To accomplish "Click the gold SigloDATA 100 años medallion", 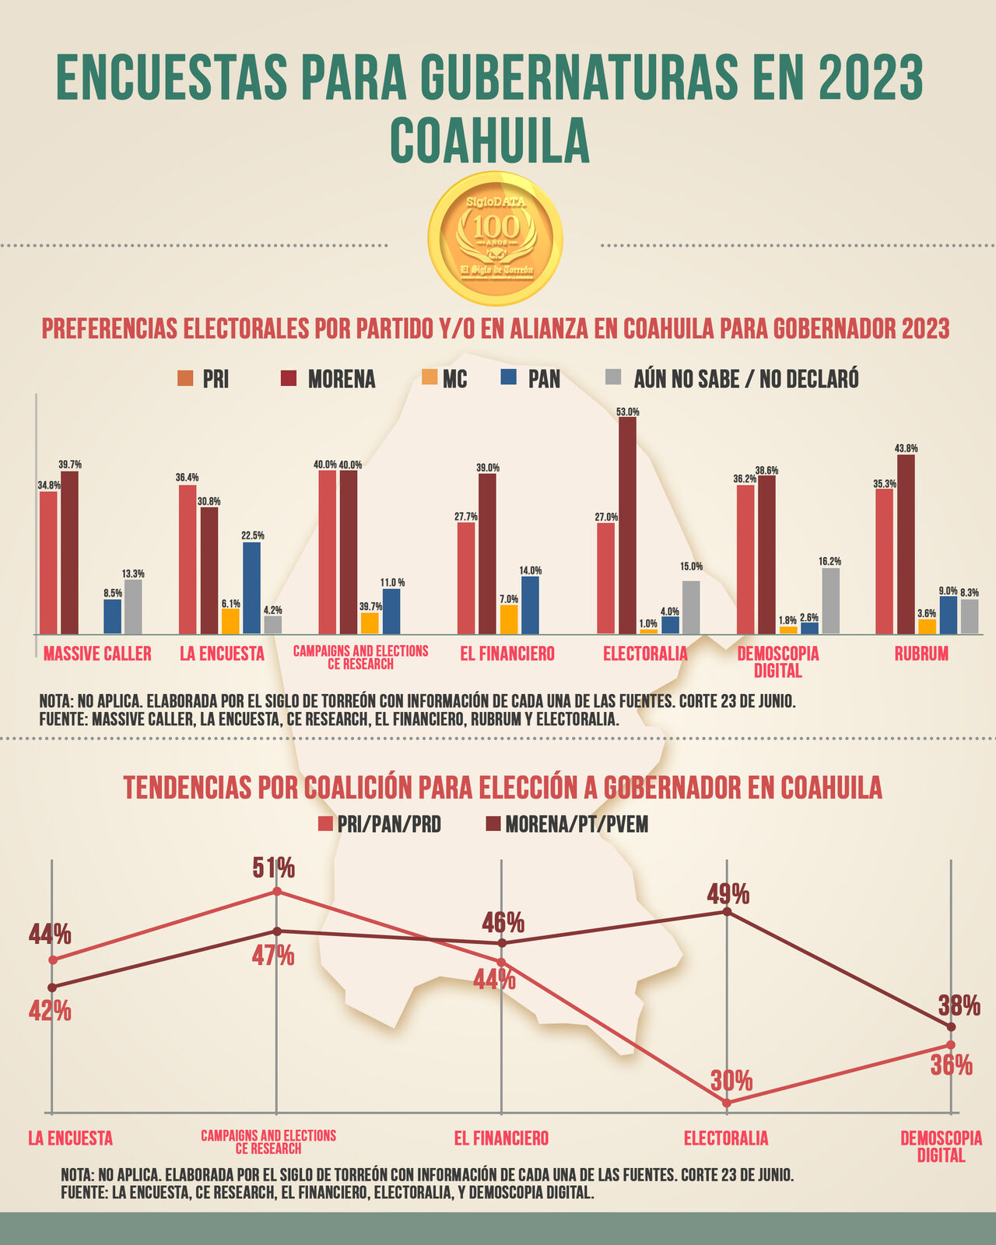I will (x=496, y=238).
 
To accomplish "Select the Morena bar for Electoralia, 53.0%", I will (x=627, y=525).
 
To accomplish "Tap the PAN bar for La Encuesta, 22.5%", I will (x=251, y=587).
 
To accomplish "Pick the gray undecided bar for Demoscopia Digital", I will (x=831, y=601).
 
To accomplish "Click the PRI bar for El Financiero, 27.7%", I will (x=465, y=578).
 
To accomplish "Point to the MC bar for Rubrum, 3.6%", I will (x=927, y=626).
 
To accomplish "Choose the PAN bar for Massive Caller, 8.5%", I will (x=113, y=616).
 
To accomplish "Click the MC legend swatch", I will (x=430, y=378).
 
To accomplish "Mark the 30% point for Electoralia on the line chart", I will (x=726, y=1103).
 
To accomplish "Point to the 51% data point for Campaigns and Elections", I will (x=276, y=892).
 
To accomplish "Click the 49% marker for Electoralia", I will (x=727, y=911).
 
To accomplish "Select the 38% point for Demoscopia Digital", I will (x=951, y=1027).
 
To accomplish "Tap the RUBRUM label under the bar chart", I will (x=921, y=654).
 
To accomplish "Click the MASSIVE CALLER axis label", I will (x=97, y=654).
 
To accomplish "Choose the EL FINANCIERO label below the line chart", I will (x=501, y=1138).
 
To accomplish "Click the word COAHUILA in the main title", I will (x=489, y=141).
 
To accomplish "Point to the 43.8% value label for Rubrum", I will (x=906, y=448).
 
